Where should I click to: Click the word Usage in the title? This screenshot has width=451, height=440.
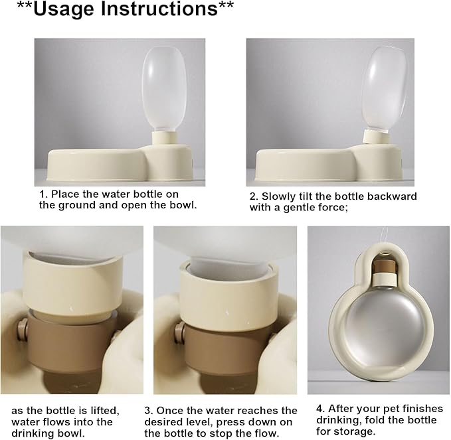(64, 9)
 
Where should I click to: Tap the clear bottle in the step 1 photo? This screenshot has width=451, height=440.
(164, 90)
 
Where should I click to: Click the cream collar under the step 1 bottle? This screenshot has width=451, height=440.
(163, 139)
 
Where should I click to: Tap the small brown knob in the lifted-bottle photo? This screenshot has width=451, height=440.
(21, 328)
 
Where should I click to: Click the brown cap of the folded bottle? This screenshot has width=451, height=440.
(385, 266)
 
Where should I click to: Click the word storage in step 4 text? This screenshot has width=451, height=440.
(357, 431)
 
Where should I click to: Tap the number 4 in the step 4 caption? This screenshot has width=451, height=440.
(319, 409)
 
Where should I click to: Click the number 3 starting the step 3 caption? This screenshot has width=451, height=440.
(148, 410)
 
